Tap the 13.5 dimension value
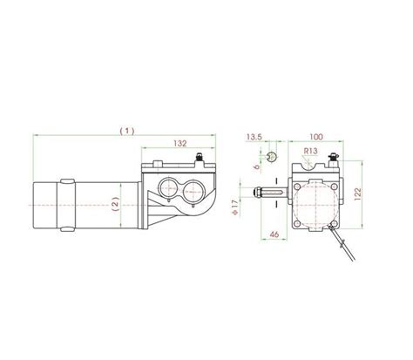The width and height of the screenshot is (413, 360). [254, 137]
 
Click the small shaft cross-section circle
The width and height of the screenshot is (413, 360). [272, 156]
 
